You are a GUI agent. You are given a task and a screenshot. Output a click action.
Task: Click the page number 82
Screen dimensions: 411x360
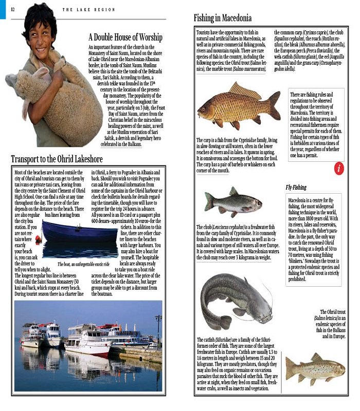point(12,9)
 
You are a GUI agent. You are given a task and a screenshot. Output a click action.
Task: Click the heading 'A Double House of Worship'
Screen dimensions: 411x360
point(125,38)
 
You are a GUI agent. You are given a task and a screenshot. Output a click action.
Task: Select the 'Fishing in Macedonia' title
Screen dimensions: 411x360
point(223,18)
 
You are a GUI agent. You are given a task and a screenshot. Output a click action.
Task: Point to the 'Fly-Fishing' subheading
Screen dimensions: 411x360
point(296,188)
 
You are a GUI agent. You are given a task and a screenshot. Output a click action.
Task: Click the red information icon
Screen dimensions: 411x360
point(338,168)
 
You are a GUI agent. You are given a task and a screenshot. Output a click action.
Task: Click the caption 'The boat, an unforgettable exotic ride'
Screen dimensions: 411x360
point(77,264)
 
